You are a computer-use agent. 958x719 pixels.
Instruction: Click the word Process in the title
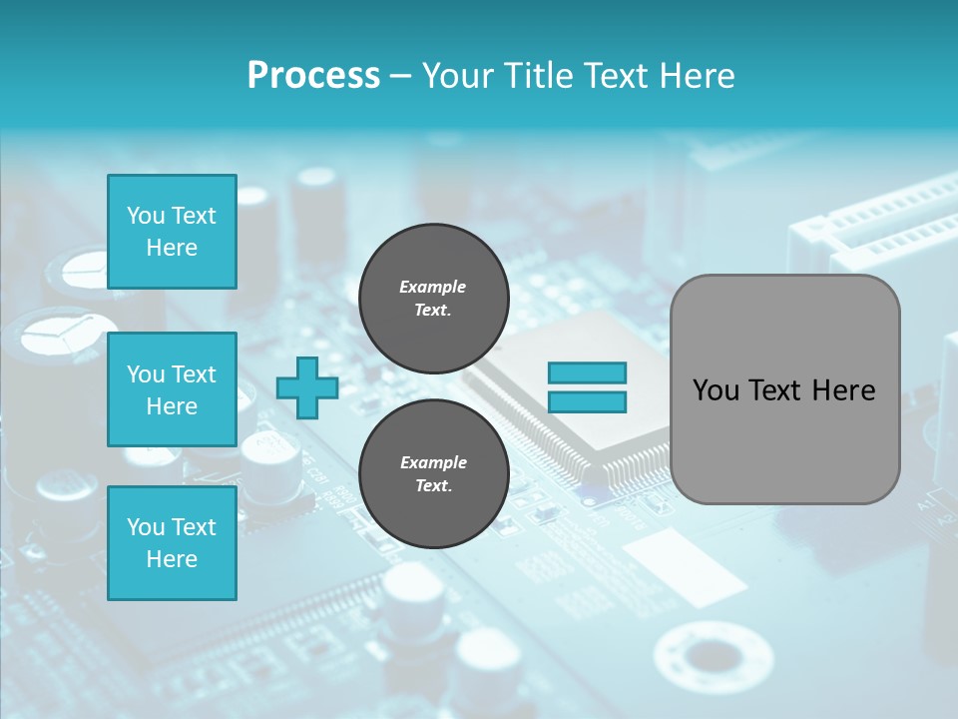click(x=313, y=76)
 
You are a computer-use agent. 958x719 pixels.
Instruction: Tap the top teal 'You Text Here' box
click(x=172, y=232)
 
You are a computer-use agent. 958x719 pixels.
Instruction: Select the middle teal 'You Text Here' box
click(x=172, y=389)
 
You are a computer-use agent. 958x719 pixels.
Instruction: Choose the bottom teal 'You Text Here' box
click(x=172, y=542)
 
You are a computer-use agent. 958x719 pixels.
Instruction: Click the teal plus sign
click(x=306, y=387)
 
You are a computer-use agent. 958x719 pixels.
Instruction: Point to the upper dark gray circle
click(x=433, y=299)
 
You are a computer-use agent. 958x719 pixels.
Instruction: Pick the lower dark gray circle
click(x=433, y=474)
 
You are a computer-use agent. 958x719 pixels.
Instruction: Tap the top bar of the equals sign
click(x=587, y=372)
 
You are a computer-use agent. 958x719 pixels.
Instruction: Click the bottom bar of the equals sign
click(x=587, y=401)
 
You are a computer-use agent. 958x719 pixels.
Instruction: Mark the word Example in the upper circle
click(x=433, y=287)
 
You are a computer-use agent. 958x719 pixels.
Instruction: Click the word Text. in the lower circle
click(x=433, y=485)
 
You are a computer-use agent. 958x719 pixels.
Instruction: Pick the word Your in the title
click(x=460, y=76)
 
